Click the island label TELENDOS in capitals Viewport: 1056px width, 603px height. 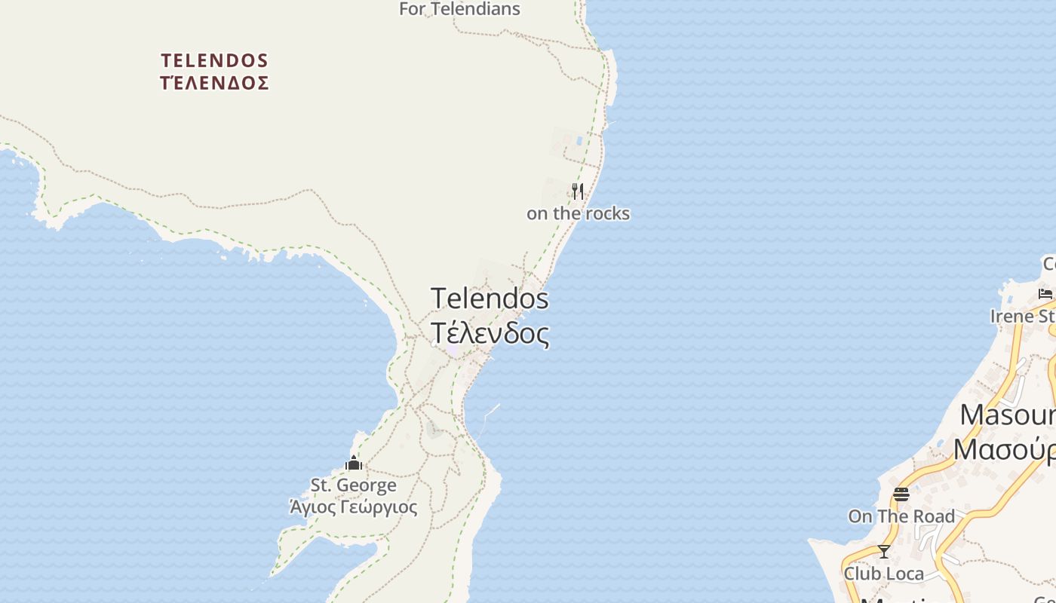[x=215, y=60]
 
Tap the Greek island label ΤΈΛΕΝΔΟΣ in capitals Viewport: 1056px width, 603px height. [x=215, y=83]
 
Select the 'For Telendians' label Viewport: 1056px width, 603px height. [x=459, y=9]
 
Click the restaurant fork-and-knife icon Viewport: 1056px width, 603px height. [x=578, y=191]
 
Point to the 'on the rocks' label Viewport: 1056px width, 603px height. [x=578, y=214]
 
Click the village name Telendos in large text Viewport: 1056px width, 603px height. [x=490, y=298]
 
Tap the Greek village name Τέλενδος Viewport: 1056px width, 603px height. [x=490, y=332]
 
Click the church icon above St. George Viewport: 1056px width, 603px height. [x=354, y=463]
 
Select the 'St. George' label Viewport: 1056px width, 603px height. [x=354, y=485]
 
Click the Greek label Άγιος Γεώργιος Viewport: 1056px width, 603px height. [x=354, y=507]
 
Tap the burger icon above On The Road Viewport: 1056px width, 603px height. [x=901, y=494]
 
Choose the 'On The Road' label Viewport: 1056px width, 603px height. [x=901, y=516]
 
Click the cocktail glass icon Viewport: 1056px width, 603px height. [x=884, y=552]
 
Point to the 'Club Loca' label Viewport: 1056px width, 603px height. [x=883, y=574]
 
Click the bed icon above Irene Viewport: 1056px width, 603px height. [x=1045, y=294]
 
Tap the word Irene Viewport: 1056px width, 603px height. [x=1011, y=317]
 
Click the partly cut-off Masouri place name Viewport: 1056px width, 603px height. [x=1008, y=415]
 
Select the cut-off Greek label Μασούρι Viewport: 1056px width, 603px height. [x=1005, y=450]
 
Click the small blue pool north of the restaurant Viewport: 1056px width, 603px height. [x=579, y=140]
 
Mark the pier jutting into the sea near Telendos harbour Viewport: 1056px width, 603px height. [x=491, y=411]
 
